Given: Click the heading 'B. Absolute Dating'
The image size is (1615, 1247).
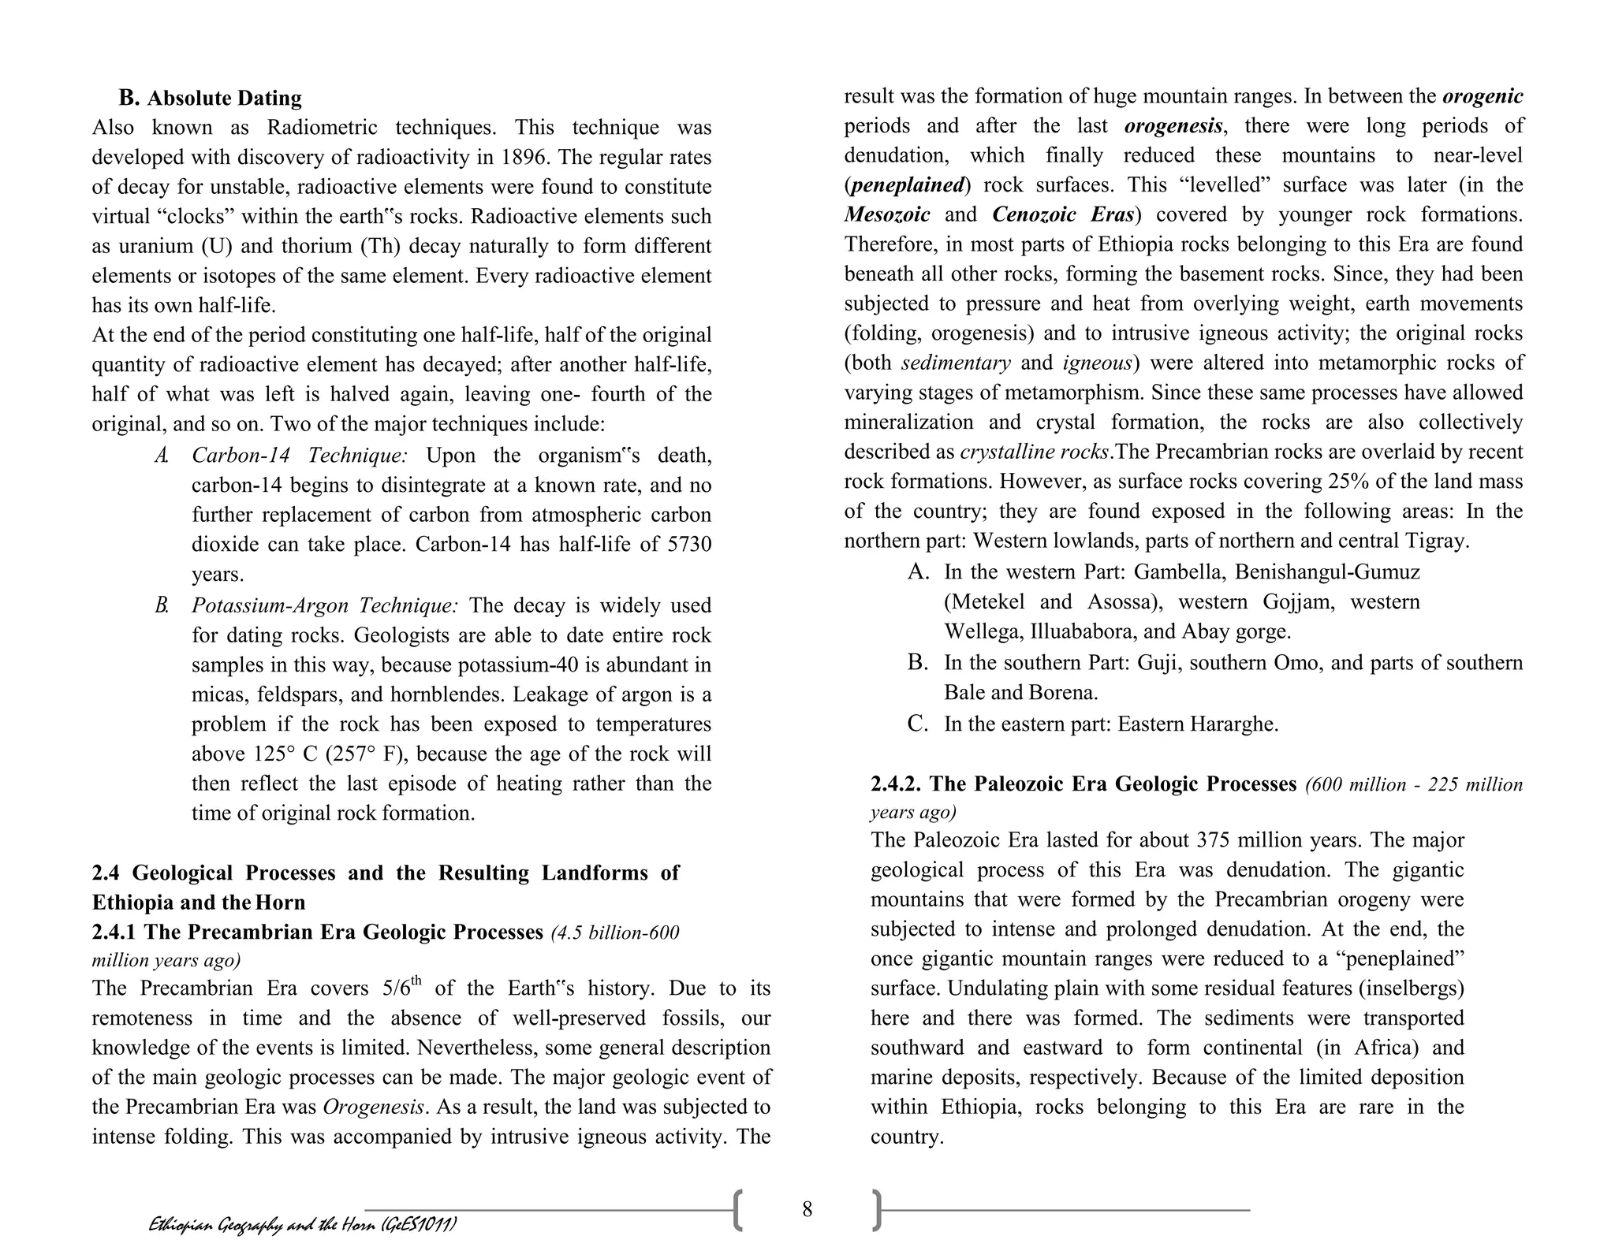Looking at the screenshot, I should pos(210,99).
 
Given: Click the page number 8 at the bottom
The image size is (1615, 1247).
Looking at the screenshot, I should pos(807,1209).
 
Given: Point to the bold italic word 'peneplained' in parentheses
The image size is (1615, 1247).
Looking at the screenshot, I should pos(907,185).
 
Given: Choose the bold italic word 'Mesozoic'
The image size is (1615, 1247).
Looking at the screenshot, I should pos(887,214).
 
